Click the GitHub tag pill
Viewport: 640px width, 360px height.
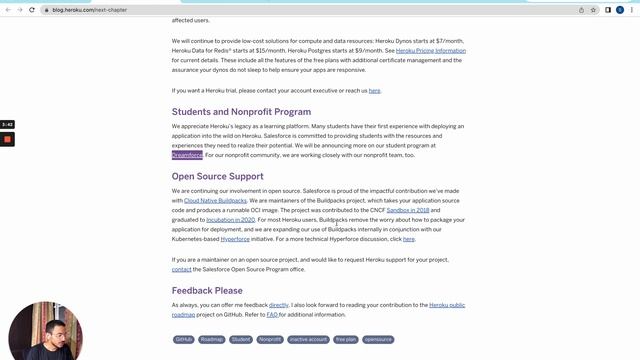click(184, 339)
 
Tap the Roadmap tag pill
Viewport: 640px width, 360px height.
click(212, 339)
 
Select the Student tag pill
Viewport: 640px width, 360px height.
click(241, 339)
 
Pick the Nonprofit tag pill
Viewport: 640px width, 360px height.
click(270, 339)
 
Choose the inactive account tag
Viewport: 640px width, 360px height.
click(308, 339)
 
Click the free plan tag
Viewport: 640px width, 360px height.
click(346, 339)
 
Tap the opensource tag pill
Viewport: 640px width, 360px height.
click(378, 339)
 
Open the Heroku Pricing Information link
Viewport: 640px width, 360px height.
click(431, 50)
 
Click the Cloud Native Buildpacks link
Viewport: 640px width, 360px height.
click(215, 200)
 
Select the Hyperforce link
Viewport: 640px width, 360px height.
click(236, 239)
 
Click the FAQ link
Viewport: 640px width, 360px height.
click(272, 314)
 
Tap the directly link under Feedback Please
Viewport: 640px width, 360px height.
click(279, 304)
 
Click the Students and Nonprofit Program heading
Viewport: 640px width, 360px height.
click(241, 112)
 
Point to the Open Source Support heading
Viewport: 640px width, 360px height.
click(217, 177)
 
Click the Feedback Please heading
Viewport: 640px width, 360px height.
click(207, 291)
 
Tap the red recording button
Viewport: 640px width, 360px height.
click(7, 139)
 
